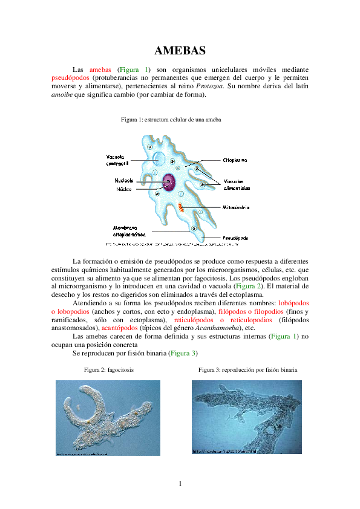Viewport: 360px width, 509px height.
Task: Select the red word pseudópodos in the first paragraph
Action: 71,78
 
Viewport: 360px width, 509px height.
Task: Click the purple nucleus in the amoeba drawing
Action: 168,181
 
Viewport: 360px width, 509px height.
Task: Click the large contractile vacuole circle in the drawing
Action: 159,158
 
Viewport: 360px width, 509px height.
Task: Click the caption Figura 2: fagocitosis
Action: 110,369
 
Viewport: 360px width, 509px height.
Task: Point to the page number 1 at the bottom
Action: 180,483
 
